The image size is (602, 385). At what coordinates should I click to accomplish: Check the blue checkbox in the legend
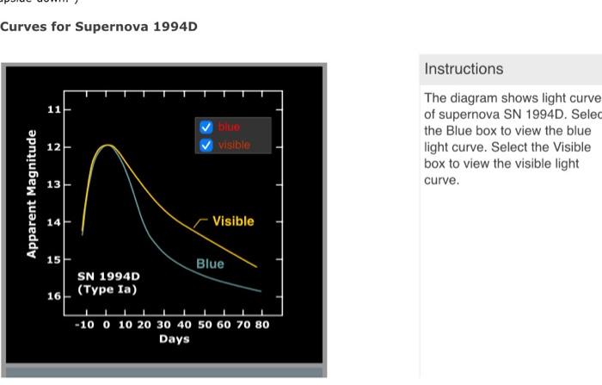(x=206, y=127)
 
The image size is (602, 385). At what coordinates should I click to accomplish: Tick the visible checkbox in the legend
(x=206, y=145)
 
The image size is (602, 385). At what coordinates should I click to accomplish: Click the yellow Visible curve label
(x=233, y=221)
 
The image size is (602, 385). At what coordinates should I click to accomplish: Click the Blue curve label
(x=210, y=264)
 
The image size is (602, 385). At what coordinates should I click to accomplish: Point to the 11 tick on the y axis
(x=54, y=110)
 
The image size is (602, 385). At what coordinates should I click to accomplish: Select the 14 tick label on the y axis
(x=54, y=222)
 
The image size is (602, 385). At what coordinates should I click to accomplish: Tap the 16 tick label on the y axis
(x=54, y=296)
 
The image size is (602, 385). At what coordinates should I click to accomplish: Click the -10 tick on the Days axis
(x=83, y=325)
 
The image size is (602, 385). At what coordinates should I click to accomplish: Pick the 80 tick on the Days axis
(x=262, y=325)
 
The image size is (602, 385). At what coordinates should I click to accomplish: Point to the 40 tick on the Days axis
(x=184, y=325)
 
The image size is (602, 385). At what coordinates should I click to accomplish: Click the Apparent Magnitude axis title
(x=32, y=194)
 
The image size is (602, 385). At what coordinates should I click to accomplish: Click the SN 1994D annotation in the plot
(x=107, y=276)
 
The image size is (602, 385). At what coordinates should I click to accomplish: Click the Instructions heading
(x=464, y=69)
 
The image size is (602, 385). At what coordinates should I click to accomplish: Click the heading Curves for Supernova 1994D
(x=99, y=27)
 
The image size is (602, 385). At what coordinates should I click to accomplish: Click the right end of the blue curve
(x=261, y=292)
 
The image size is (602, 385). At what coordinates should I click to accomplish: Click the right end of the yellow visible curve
(x=256, y=267)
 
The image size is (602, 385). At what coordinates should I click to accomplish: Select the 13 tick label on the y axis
(x=54, y=185)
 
